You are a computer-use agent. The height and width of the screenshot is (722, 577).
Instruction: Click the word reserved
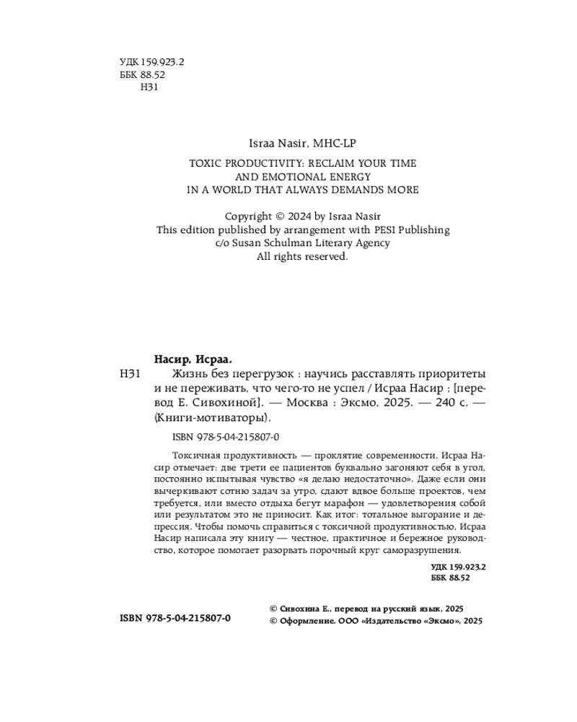coord(325,256)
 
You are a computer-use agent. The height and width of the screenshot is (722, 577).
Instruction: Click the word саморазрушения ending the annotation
coord(415,550)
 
